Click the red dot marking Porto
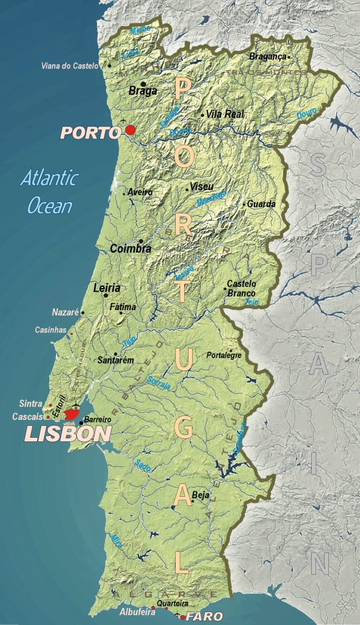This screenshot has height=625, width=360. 130,130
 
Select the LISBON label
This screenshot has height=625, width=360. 68,434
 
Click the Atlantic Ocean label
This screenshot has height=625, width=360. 49,192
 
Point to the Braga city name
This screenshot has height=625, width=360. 143,91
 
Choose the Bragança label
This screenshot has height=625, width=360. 267,56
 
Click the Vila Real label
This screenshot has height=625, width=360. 225,114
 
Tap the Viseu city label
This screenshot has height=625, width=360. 201,186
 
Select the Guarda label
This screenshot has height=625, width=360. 261,204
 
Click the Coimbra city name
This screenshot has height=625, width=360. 131,248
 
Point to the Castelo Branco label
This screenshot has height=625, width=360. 242,288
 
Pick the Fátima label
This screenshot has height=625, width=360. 123,306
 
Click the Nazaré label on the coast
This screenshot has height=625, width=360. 65,312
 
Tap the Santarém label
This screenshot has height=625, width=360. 115,360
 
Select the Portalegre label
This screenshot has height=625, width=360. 224,355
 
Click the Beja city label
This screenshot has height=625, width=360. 200,495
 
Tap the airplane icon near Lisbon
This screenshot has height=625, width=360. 76,406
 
